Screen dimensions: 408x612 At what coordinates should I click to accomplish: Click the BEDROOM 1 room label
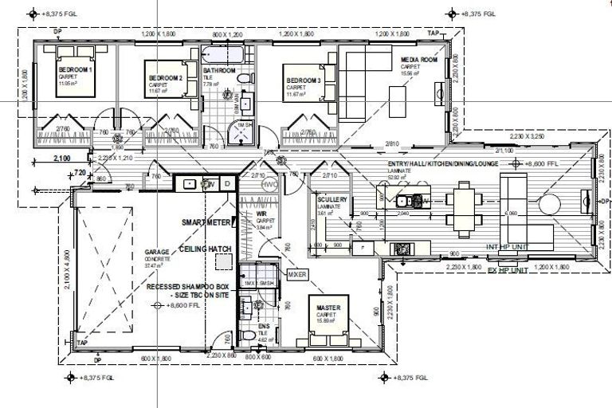76,69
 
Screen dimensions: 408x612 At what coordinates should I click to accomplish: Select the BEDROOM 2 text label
167,77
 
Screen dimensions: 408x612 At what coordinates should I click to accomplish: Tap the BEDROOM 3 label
304,80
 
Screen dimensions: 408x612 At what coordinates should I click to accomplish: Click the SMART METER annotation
206,222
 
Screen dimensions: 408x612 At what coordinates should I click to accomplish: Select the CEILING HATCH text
205,249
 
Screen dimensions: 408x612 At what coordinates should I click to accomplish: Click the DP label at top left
57,32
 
